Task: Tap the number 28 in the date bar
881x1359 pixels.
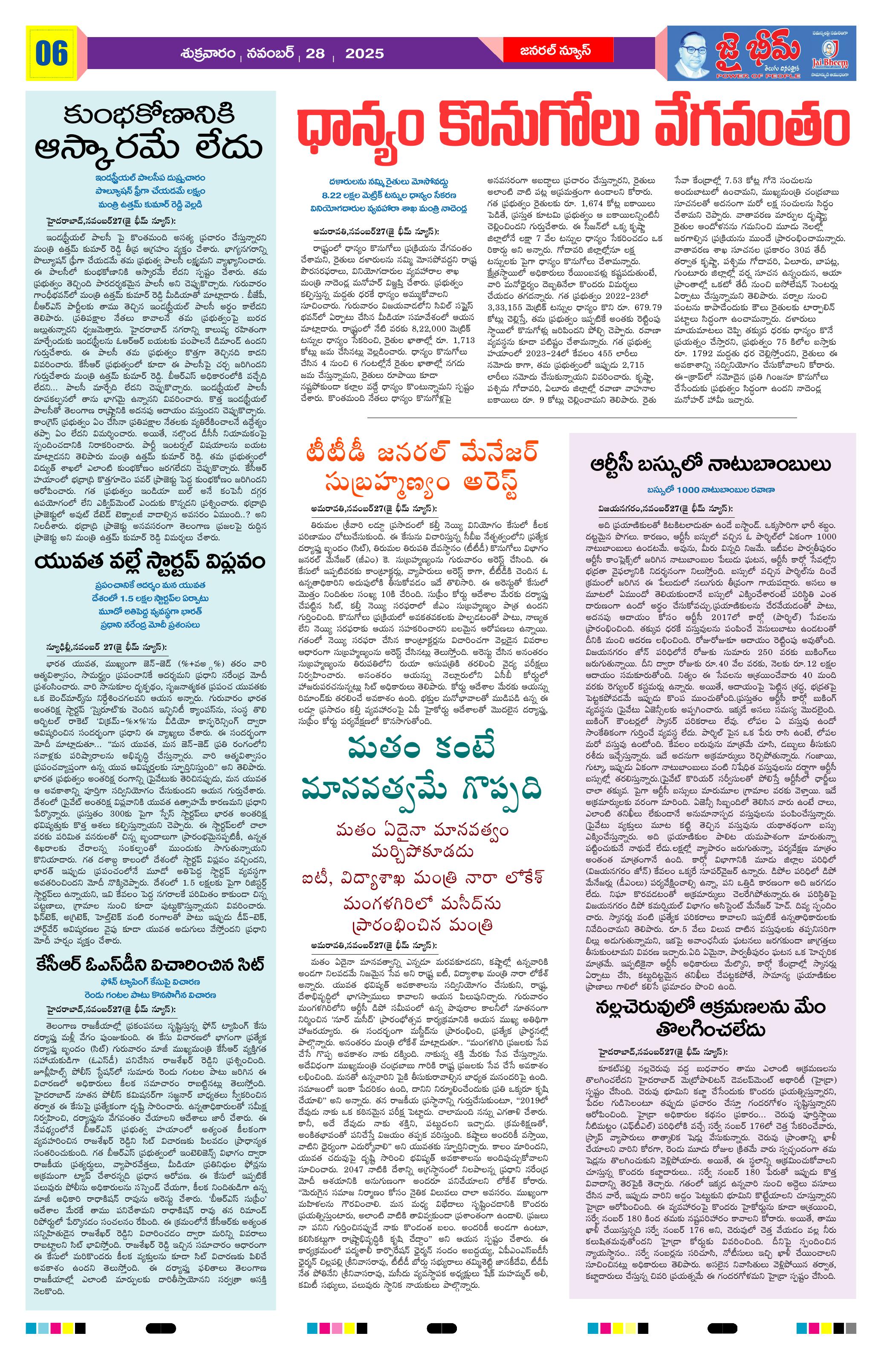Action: coord(315,54)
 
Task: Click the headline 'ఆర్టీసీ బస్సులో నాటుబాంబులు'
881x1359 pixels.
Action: coord(712,464)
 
